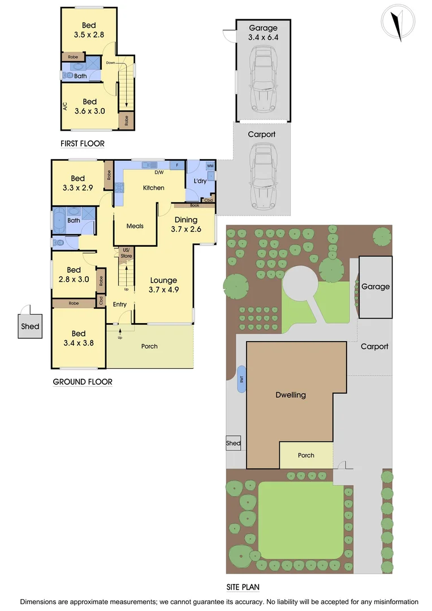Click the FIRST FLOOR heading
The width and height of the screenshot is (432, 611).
[83, 144]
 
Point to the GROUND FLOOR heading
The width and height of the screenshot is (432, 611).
[83, 382]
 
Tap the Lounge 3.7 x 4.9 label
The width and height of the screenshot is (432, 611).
[163, 285]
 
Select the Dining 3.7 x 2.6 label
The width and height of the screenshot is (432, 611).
[186, 225]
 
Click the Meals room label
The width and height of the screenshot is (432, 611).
[135, 226]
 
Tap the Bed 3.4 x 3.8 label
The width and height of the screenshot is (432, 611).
[79, 338]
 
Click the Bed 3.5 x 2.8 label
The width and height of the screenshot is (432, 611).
[89, 29]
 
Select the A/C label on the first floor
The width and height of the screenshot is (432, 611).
[66, 106]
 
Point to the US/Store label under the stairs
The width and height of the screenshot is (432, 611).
[126, 253]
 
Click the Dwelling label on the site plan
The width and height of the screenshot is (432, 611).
[291, 395]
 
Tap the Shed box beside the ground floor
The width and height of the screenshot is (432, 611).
[31, 326]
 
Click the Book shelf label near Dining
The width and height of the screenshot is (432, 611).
[195, 205]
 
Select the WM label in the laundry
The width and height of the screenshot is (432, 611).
[210, 166]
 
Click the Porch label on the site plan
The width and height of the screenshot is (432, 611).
[306, 455]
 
